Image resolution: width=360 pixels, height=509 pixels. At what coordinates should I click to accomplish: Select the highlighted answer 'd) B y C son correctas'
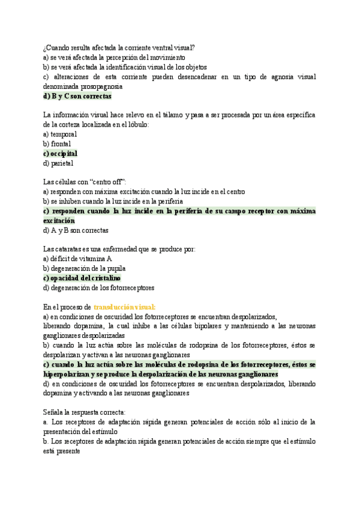pyautogui.click(x=77, y=96)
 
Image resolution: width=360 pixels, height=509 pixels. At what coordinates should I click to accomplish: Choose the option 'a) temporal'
pyautogui.click(x=60, y=134)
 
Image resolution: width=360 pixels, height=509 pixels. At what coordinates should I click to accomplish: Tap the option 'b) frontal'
pyautogui.click(x=57, y=144)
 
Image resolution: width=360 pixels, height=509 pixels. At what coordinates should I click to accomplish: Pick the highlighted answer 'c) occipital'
pyautogui.click(x=61, y=154)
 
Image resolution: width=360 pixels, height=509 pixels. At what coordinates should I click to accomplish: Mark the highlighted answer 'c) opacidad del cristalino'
pyautogui.click(x=82, y=278)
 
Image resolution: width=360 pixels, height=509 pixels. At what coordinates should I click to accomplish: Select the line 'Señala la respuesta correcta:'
pyautogui.click(x=85, y=412)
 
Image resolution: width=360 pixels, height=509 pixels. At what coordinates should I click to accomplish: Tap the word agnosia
pyautogui.click(x=275, y=77)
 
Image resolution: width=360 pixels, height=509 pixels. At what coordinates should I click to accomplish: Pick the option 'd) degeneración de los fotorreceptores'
pyautogui.click(x=98, y=288)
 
